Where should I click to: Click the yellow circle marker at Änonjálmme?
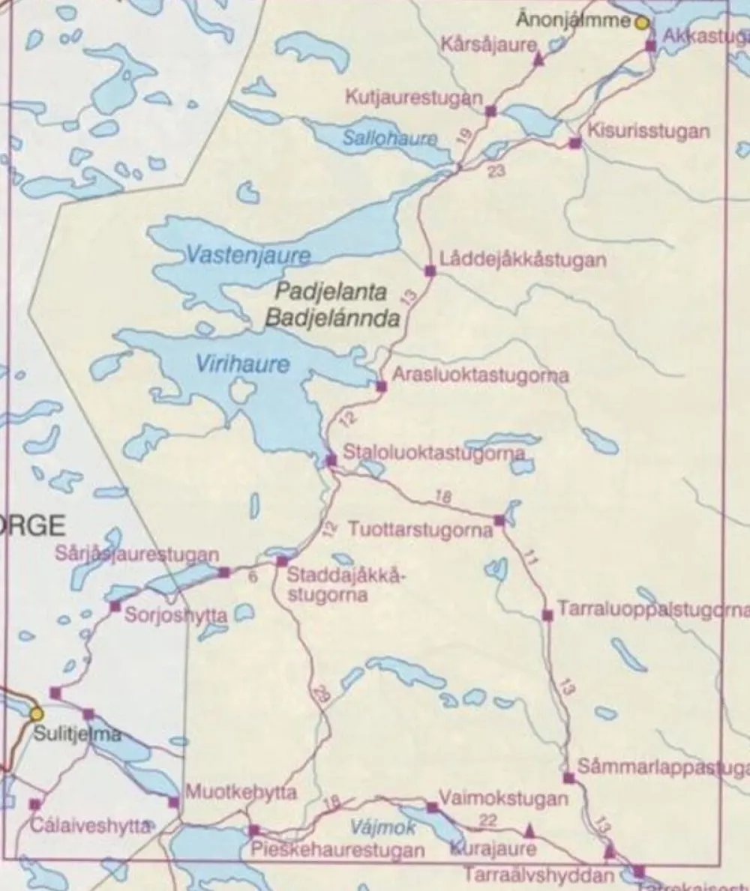[x=642, y=22]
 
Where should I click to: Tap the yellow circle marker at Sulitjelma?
[x=36, y=713]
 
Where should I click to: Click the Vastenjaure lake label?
[x=247, y=256]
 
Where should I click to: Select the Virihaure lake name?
[x=241, y=364]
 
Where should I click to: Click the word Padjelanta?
[x=331, y=292]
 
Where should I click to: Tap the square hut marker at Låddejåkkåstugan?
[x=430, y=271]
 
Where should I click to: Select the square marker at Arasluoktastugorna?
[x=381, y=386]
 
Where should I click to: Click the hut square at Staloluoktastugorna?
[x=331, y=459]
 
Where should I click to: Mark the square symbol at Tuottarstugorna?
[x=499, y=519]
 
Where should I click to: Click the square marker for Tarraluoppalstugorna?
[x=547, y=615]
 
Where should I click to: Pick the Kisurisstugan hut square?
[x=574, y=143]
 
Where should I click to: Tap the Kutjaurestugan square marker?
[x=490, y=112]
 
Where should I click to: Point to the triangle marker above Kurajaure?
[x=529, y=830]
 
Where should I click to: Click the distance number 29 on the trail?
[x=322, y=692]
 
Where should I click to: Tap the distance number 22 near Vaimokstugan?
[x=487, y=821]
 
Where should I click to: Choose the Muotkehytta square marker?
[x=174, y=803]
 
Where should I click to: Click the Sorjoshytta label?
[x=175, y=615]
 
